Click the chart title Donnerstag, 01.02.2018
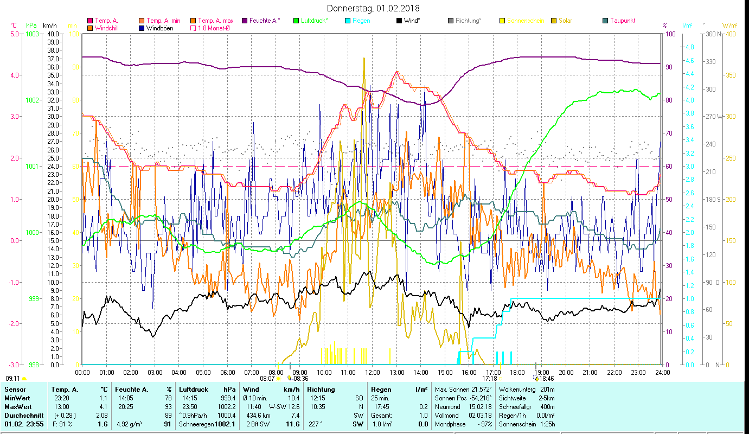point(373,8)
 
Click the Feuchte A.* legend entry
point(265,21)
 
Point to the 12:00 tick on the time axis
point(373,373)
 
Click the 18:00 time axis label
point(517,373)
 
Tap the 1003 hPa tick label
point(32,34)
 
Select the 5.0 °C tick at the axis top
point(14,34)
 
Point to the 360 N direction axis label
point(712,34)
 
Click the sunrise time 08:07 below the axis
point(267,379)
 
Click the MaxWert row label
point(17,406)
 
